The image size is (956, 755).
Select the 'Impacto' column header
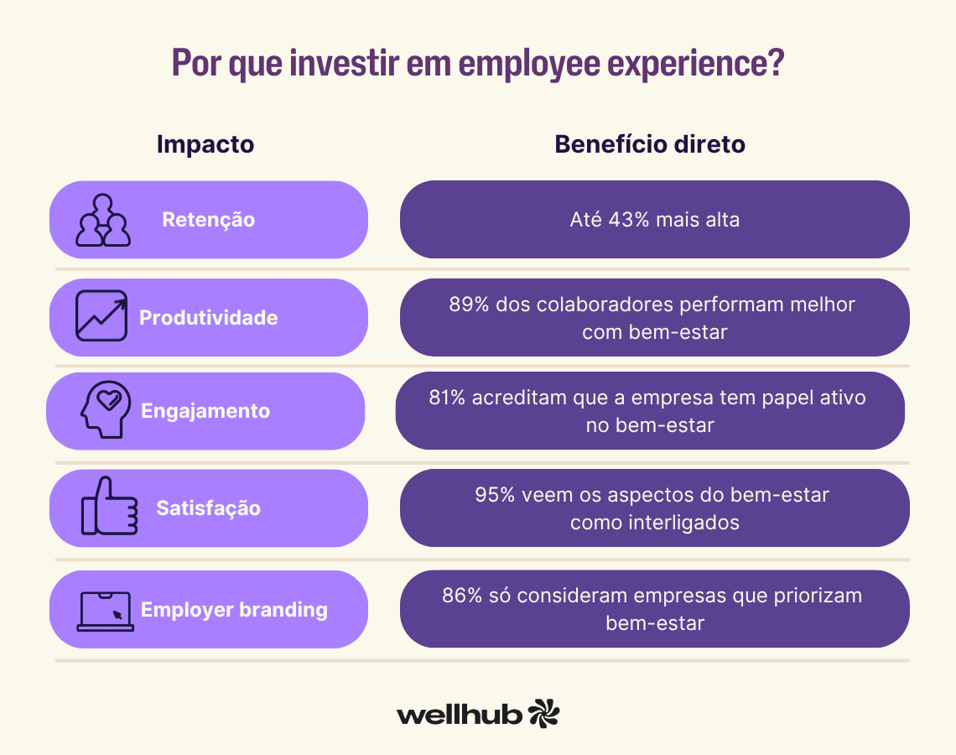coord(205,144)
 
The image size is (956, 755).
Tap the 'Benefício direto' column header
coord(650,144)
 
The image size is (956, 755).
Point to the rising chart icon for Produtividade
coord(101,316)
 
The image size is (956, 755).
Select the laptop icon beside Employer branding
coord(105,611)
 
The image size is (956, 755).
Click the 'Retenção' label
coord(208,220)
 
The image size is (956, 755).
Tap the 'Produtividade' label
coord(208,318)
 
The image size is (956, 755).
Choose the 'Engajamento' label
coord(205,411)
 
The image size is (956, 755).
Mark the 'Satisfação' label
coord(209,508)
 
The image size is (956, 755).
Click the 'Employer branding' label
coord(234,610)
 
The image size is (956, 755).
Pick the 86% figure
coord(461,596)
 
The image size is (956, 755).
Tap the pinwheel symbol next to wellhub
coord(544,712)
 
